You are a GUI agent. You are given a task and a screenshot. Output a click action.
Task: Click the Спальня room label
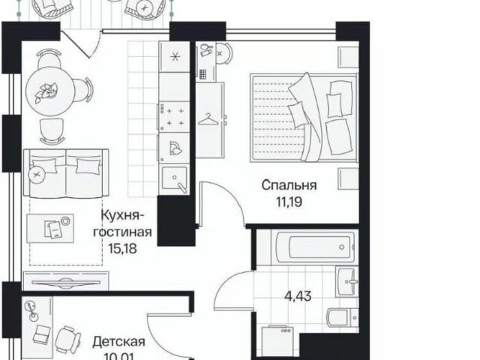[x=289, y=184]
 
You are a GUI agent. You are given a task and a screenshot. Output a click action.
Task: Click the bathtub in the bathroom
[x=304, y=245]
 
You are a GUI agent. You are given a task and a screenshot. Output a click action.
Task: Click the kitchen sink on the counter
[x=176, y=181]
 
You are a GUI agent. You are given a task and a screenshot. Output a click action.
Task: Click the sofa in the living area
[x=66, y=172]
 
